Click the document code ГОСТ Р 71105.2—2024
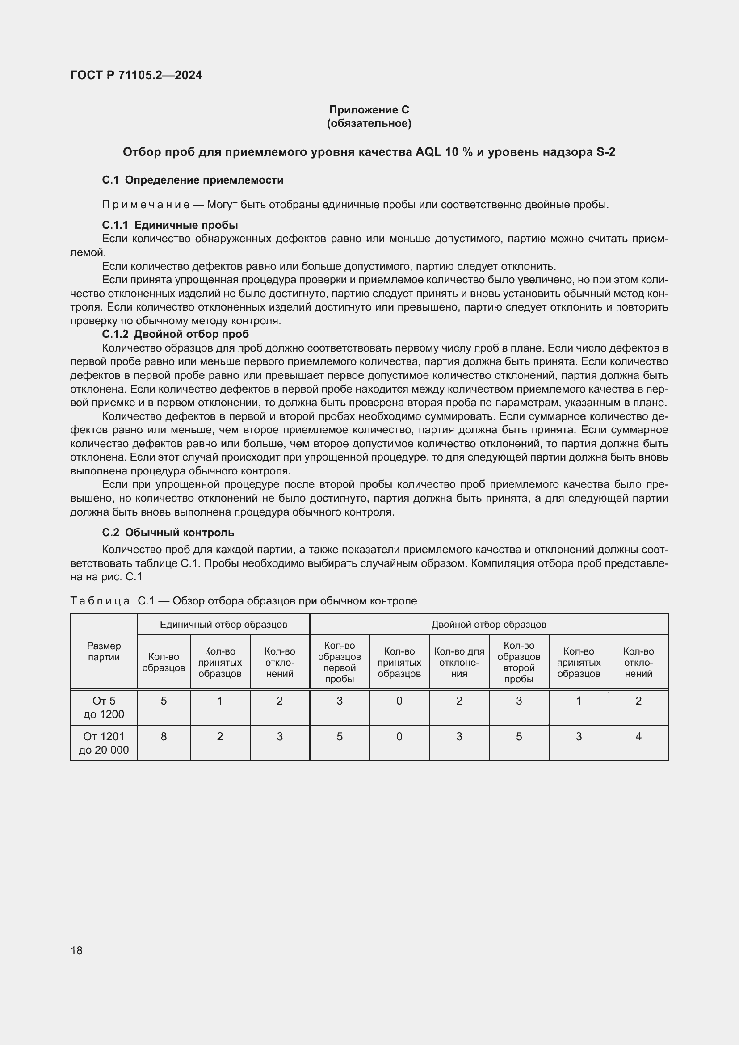coord(136,75)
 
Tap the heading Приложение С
coord(369,110)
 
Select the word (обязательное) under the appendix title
coord(369,123)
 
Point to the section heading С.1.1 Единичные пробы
coord(170,225)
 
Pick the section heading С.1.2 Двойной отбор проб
coord(175,334)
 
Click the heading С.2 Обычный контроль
coord(168,532)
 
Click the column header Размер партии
coord(104,651)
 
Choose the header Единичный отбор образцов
coord(223,625)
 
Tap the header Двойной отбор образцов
coord(489,625)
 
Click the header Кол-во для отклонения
coord(459,662)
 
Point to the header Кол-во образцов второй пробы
coord(519,662)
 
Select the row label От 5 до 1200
coord(104,707)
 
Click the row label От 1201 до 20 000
coord(104,743)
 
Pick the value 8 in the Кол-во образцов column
coord(164,736)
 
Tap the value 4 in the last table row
coord(638,736)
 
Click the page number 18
coord(76,950)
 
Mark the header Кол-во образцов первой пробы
coord(340,662)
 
